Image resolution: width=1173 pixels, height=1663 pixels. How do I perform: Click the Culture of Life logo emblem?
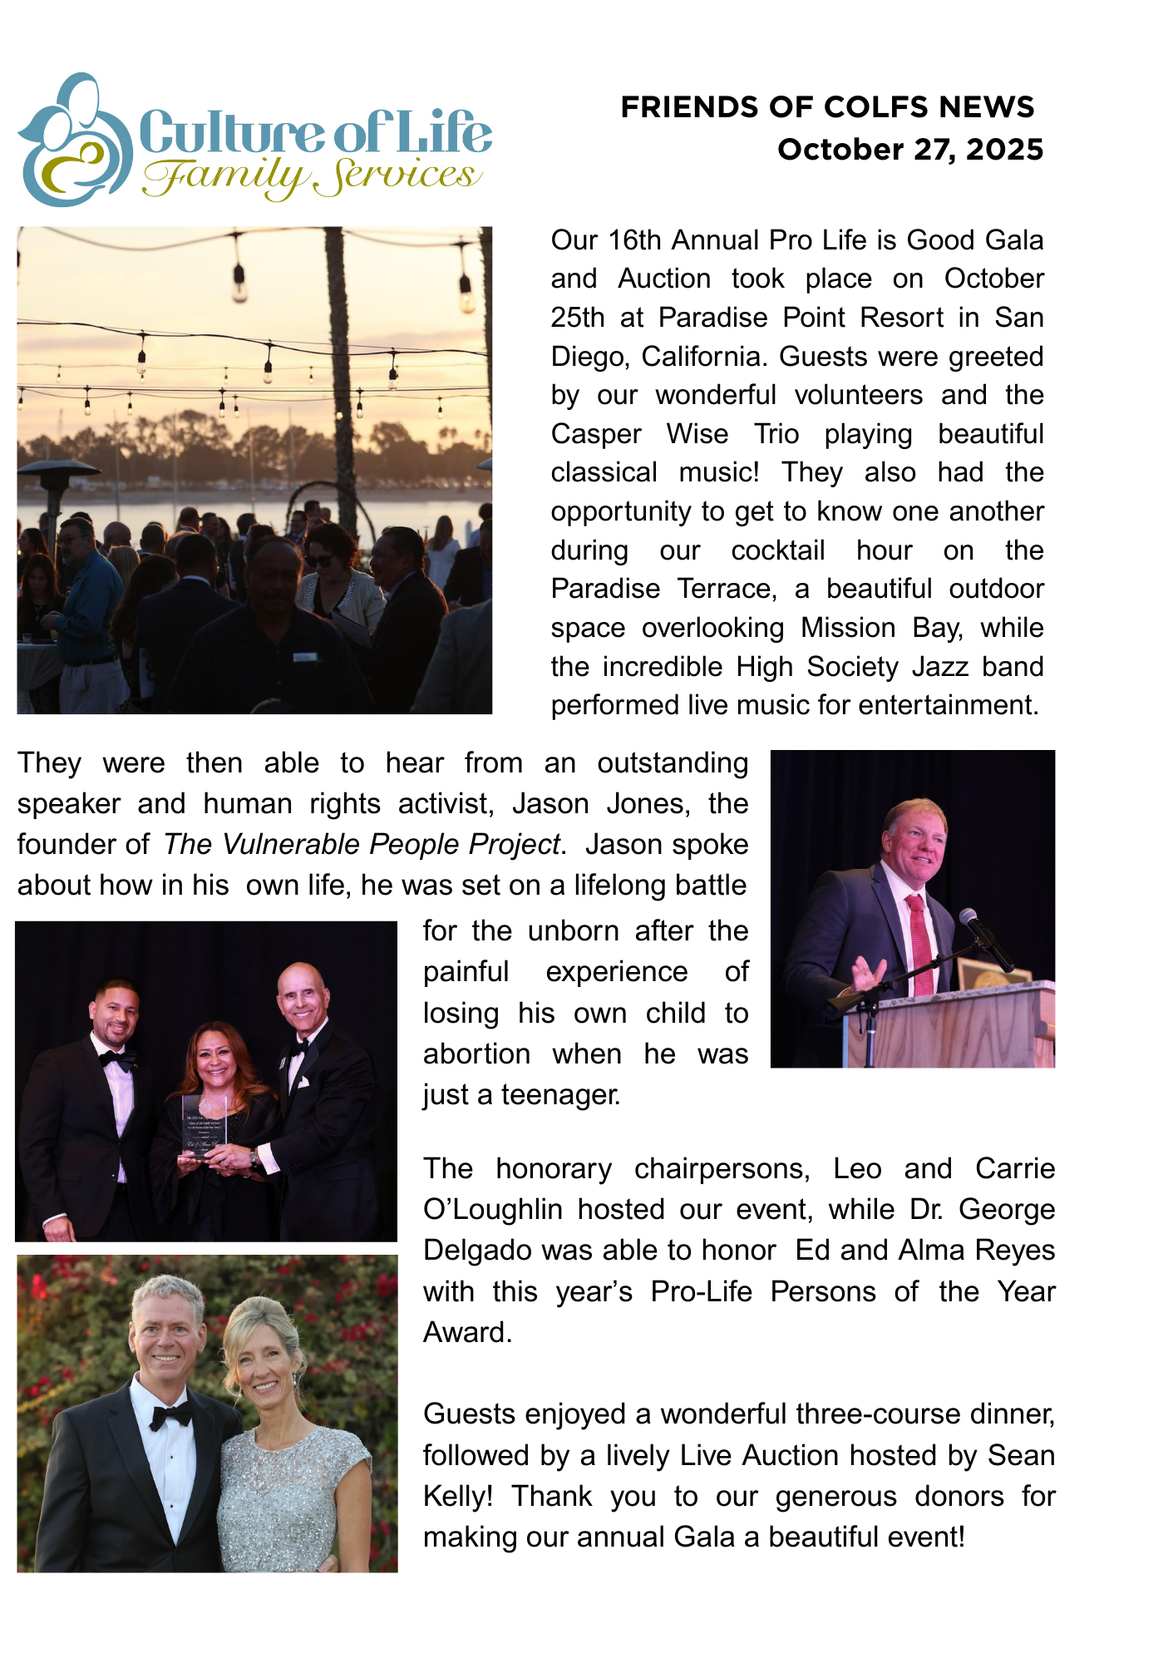(x=73, y=140)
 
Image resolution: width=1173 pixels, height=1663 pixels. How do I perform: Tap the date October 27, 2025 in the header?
(x=910, y=150)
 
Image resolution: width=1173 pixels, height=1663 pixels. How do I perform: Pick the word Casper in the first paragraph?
(x=596, y=434)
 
